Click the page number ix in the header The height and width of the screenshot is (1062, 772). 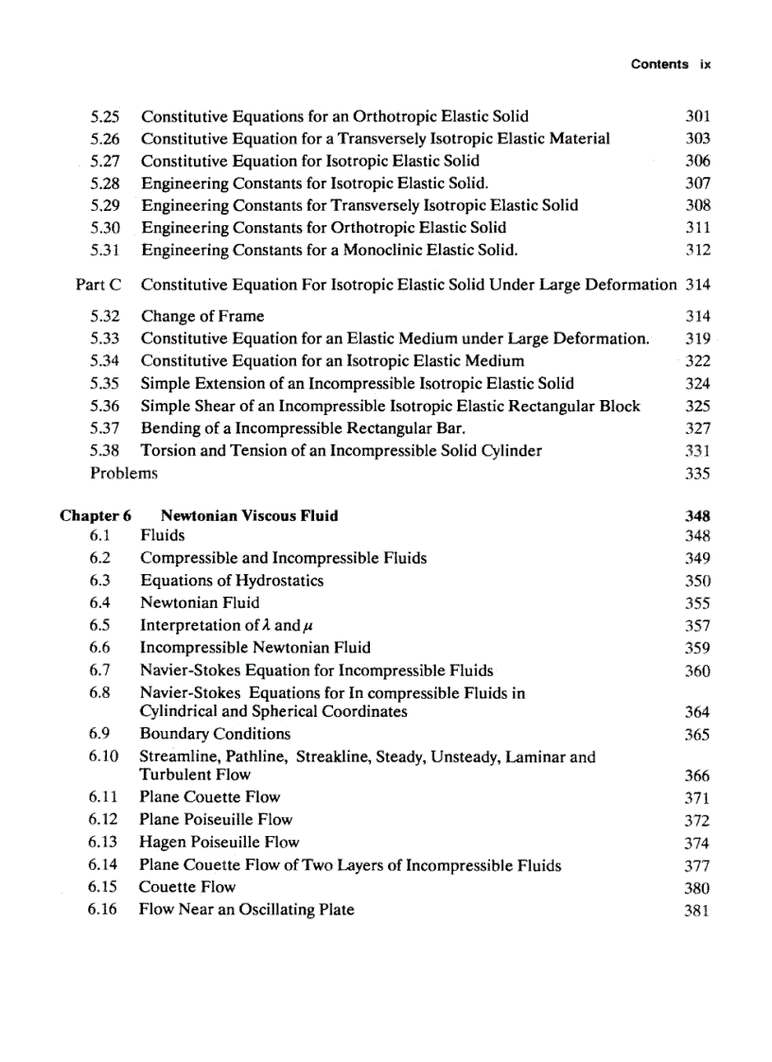705,64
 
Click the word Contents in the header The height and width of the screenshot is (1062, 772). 659,64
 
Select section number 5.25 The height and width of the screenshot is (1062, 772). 106,116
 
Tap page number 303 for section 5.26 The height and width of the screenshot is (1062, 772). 697,139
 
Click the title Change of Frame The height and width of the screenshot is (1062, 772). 202,316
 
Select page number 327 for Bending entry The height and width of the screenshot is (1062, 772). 697,428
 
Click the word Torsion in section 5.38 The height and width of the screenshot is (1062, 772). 168,450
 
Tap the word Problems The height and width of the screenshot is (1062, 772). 124,473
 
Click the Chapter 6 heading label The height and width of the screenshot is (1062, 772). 96,515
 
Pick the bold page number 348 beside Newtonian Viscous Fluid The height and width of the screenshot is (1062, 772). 697,516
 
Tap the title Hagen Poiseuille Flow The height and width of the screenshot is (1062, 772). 219,842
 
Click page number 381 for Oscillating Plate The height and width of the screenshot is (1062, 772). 697,912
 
